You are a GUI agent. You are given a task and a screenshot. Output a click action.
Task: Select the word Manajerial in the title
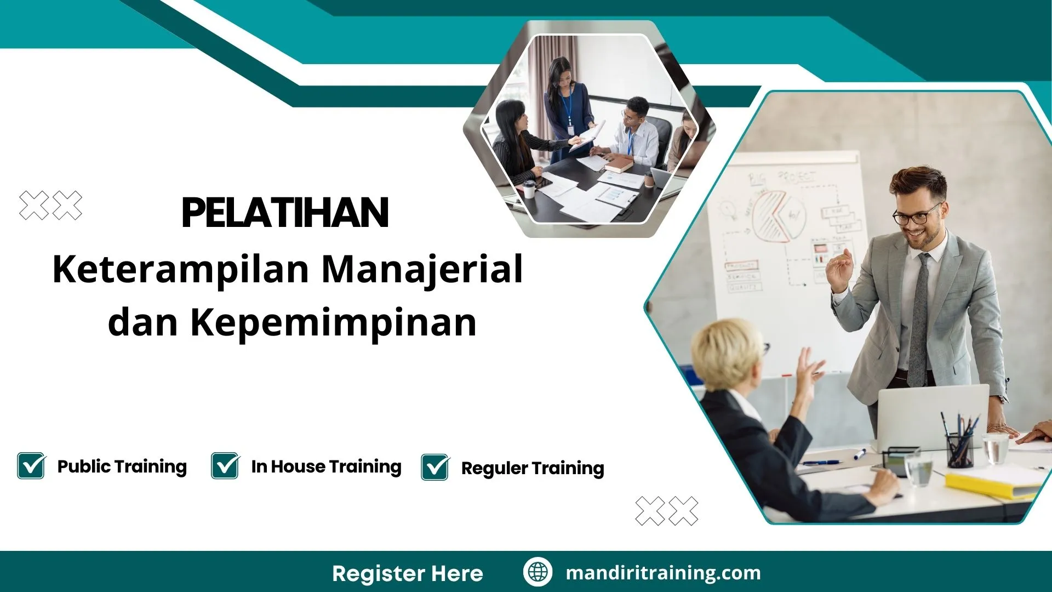(x=422, y=270)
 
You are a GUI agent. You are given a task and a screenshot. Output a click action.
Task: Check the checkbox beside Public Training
(x=31, y=466)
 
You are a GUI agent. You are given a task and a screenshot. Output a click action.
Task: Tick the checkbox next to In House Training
(x=225, y=466)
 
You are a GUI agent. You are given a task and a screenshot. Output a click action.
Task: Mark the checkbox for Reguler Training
(x=435, y=468)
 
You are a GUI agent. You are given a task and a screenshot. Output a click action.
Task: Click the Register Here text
(x=407, y=573)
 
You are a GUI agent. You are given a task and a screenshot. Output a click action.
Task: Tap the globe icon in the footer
(x=538, y=572)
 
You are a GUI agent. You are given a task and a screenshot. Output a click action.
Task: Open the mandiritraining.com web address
(x=663, y=573)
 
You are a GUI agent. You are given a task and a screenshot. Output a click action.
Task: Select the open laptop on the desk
(x=931, y=417)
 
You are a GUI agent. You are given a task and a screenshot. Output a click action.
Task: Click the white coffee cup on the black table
(x=529, y=189)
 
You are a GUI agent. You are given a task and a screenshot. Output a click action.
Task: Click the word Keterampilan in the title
(x=181, y=270)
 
